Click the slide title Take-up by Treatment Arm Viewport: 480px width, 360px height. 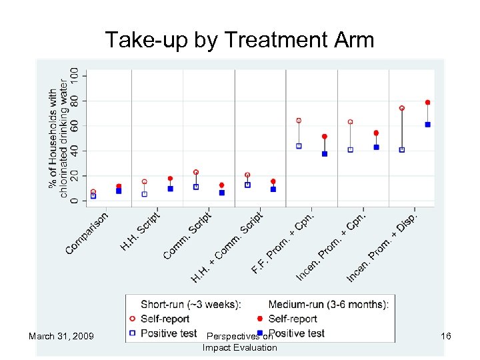pos(239,41)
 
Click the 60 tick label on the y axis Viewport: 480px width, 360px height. pos(74,125)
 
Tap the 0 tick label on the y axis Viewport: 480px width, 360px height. pos(74,201)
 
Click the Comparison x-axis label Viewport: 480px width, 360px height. pos(87,233)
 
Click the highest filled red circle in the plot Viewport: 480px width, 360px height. pos(427,103)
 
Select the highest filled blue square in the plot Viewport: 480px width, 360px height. pos(427,125)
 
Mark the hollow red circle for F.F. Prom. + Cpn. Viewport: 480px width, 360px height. pos(299,121)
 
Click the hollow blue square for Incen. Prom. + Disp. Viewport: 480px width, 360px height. pos(402,150)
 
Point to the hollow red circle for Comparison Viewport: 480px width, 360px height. pos(93,192)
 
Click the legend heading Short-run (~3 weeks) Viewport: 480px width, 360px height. pos(189,305)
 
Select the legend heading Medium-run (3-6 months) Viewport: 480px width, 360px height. pos(328,305)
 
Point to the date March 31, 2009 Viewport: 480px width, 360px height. pos(61,336)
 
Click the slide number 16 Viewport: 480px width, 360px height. pos(446,336)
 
